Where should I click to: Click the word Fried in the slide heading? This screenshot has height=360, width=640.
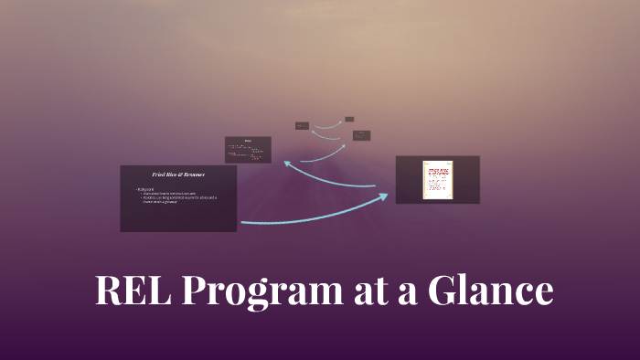click(159, 174)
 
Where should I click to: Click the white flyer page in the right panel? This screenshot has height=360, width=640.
click(437, 180)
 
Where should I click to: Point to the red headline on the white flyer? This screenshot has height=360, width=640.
click(437, 171)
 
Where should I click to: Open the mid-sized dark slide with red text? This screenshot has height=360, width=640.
click(248, 149)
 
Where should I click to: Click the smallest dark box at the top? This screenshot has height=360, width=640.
click(349, 119)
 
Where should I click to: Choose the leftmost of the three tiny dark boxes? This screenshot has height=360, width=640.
click(302, 125)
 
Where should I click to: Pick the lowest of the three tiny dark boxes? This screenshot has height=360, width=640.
click(361, 135)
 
